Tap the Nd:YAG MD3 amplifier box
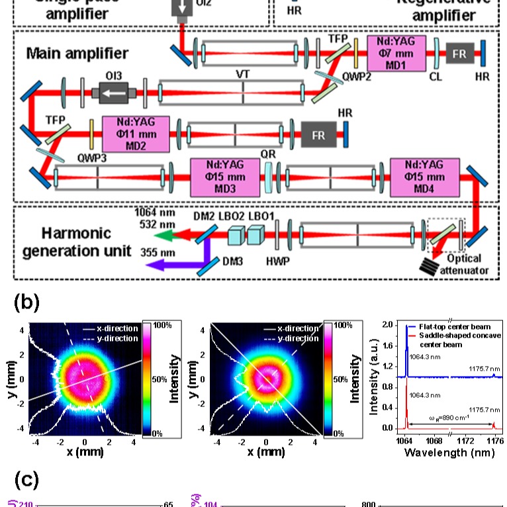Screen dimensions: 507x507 (x=224, y=177)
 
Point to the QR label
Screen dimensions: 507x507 (x=267, y=153)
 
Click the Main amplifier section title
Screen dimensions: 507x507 (x=77, y=53)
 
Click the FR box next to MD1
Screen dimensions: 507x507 (x=459, y=53)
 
